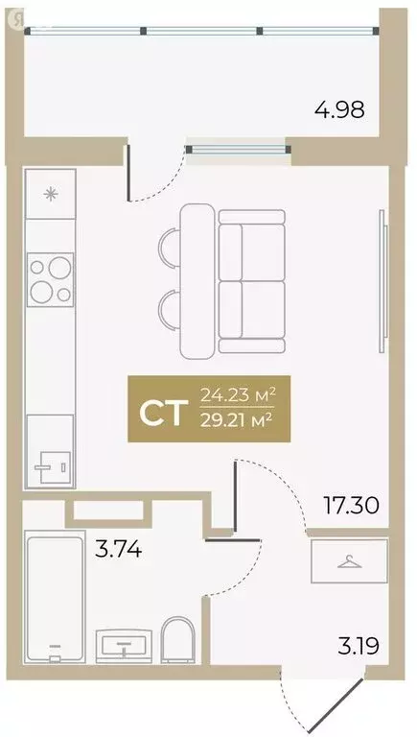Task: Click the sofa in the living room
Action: tap(251, 279)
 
